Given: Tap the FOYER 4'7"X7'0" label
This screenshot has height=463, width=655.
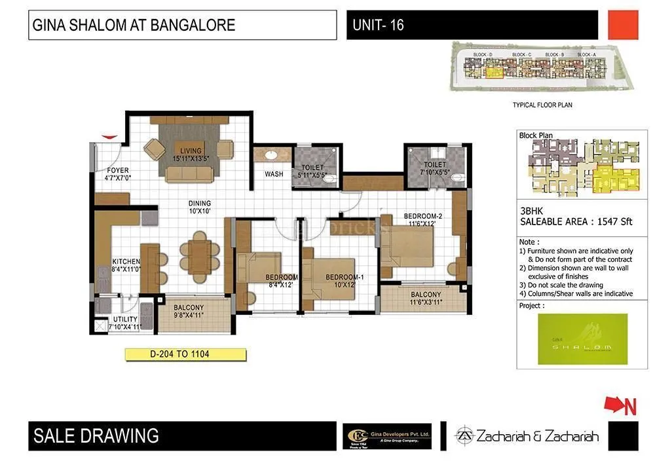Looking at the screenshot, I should coord(118,174).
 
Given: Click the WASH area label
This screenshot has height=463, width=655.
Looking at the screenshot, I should coord(274,174).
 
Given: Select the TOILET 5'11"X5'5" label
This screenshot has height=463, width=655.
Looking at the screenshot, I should coord(312,171).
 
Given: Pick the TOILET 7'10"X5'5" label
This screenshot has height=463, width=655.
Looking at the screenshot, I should coord(434,168).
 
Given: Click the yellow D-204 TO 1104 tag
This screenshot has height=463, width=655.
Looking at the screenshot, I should coord(185,354).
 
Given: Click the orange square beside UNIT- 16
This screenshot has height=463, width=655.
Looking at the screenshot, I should coord(623,25).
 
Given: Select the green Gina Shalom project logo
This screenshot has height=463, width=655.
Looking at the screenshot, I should coord(582,339).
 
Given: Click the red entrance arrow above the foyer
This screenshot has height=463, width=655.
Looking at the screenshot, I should coord(109,136).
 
